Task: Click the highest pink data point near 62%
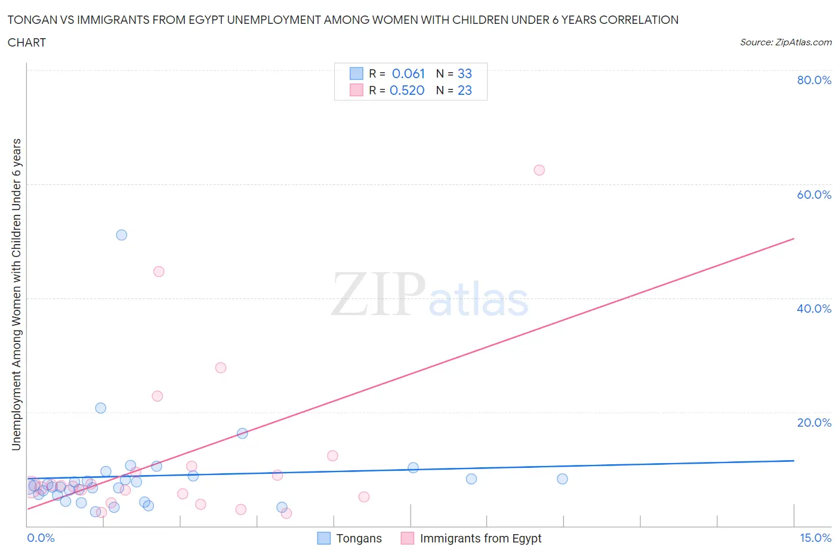[x=539, y=170]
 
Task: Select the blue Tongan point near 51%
[x=121, y=235]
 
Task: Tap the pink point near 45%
[x=158, y=272]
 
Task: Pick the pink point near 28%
[x=220, y=368]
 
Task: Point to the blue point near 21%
[x=101, y=408]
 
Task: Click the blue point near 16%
[x=242, y=433]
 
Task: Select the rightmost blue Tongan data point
[x=562, y=479]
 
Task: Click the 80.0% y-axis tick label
[x=814, y=80]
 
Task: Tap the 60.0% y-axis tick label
[x=814, y=195]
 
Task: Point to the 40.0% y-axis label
[x=814, y=309]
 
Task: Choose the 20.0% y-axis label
[x=814, y=423]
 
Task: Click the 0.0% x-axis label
[x=41, y=538]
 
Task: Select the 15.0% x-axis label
[x=815, y=538]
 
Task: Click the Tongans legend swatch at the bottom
[x=323, y=538]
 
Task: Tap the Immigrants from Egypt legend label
[x=480, y=538]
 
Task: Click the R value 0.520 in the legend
[x=407, y=90]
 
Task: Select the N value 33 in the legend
[x=464, y=73]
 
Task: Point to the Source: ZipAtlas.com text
[x=785, y=42]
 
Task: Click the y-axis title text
[x=16, y=294]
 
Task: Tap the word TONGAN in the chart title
[x=30, y=20]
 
